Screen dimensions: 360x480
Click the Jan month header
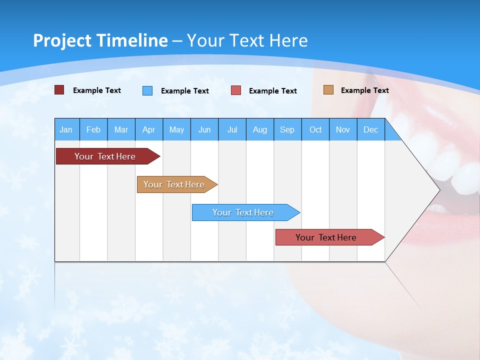pyautogui.click(x=66, y=129)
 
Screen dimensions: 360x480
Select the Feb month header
pyautogui.click(x=93, y=129)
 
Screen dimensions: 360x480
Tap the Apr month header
pyautogui.click(x=148, y=129)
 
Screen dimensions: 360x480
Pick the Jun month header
pyautogui.click(x=204, y=129)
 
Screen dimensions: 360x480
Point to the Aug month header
pyautogui.click(x=259, y=129)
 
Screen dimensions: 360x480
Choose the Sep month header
pyautogui.click(x=287, y=129)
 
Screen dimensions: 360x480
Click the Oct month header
pyautogui.click(x=315, y=129)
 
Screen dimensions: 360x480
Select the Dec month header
pyautogui.click(x=370, y=129)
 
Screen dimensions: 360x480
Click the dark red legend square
pyautogui.click(x=59, y=90)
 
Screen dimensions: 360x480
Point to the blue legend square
pyautogui.click(x=147, y=90)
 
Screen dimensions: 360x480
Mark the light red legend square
pyautogui.click(x=236, y=90)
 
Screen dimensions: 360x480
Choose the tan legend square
pyautogui.click(x=328, y=90)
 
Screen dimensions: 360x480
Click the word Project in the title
pyautogui.click(x=62, y=40)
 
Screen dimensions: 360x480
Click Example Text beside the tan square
pyautogui.click(x=364, y=90)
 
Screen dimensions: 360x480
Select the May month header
pyautogui.click(x=176, y=129)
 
